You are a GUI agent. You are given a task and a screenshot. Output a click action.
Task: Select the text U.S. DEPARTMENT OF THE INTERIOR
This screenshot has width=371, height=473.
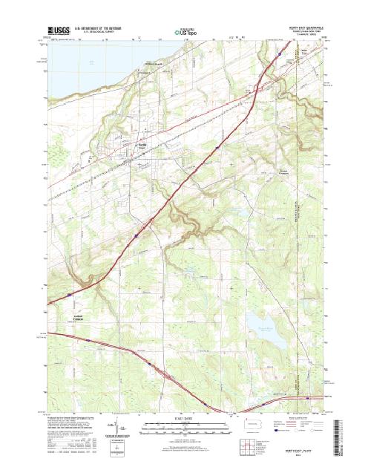tap(99, 28)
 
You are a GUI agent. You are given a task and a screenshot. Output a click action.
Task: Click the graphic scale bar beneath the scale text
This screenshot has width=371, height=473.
tap(185, 425)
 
